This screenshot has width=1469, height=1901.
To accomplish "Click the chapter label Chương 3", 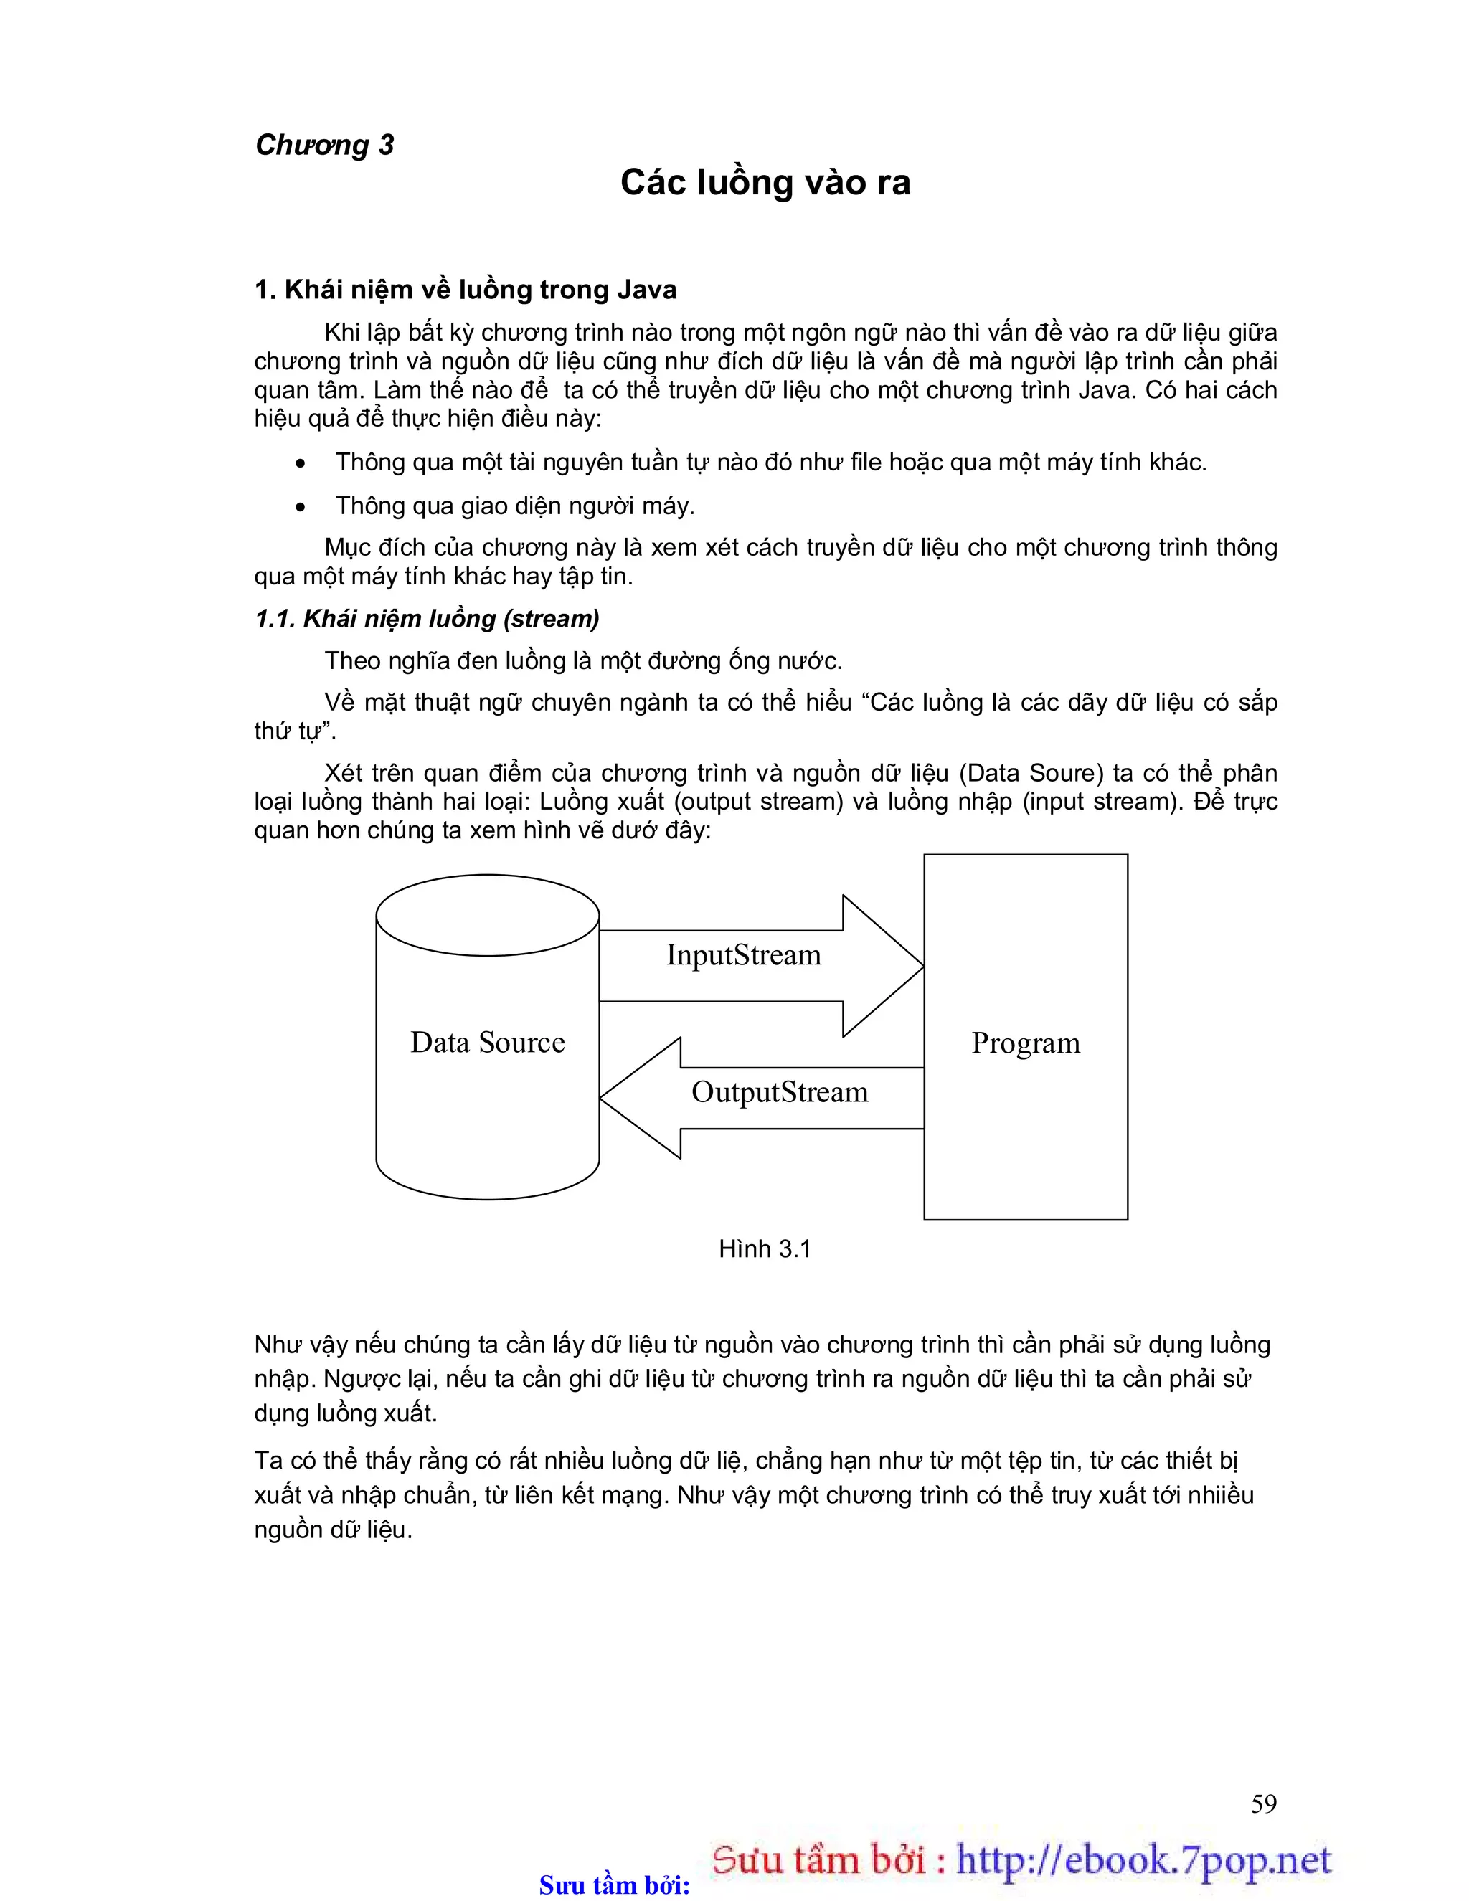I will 324,144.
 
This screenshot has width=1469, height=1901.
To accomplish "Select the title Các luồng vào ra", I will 765,183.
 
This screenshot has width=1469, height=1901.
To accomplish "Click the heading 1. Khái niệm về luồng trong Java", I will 465,290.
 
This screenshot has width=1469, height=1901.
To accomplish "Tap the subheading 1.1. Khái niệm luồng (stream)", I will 427,619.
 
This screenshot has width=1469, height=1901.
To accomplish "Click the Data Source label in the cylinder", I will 488,1043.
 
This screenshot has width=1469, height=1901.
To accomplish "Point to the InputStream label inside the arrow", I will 744,955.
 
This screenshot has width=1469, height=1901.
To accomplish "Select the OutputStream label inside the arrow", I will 780,1092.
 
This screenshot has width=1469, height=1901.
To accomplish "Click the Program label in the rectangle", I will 1026,1043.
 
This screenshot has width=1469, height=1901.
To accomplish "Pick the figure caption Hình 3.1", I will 765,1249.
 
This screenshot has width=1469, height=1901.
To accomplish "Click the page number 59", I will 1263,1803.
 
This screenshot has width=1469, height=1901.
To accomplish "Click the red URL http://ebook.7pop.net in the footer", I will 1143,1859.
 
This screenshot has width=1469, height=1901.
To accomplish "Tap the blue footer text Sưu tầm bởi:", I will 615,1885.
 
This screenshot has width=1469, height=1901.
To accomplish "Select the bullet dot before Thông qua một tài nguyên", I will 301,464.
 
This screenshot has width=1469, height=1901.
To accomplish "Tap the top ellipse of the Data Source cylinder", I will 488,915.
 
